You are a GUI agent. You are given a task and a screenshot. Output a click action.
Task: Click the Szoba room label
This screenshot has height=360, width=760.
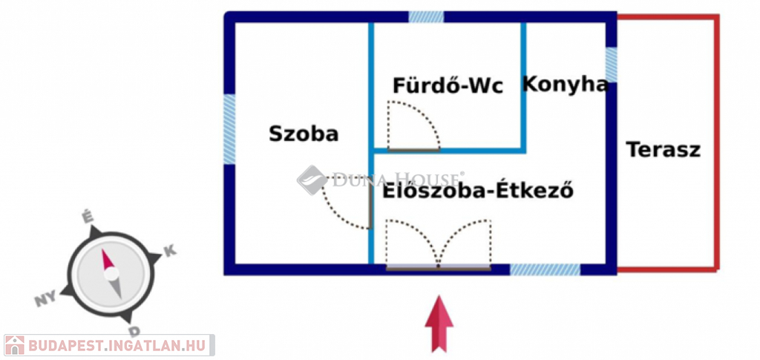pyautogui.click(x=304, y=134)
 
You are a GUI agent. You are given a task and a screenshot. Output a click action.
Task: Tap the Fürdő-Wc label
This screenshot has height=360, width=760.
pyautogui.click(x=448, y=86)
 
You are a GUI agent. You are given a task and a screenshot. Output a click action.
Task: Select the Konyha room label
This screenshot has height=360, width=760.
pyautogui.click(x=565, y=85)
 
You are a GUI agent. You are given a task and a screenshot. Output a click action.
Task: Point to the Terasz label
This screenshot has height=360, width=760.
pyautogui.click(x=664, y=149)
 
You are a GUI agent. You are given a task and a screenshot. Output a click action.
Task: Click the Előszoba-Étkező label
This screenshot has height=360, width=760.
pyautogui.click(x=478, y=191)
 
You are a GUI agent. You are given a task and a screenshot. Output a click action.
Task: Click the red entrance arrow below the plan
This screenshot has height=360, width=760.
pyautogui.click(x=439, y=323)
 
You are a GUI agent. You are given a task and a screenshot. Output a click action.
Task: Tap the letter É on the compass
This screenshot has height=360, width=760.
pyautogui.click(x=88, y=217)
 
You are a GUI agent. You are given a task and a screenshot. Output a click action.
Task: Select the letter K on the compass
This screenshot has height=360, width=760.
pyautogui.click(x=170, y=252)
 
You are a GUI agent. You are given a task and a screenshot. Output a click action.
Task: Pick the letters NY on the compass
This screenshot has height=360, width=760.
pyautogui.click(x=45, y=299)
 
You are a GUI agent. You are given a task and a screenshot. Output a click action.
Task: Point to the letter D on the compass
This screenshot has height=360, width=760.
pyautogui.click(x=134, y=331)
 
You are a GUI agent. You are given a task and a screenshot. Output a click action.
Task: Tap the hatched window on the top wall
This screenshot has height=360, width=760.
pyautogui.click(x=426, y=17)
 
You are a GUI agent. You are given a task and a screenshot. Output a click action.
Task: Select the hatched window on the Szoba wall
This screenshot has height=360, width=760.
pyautogui.click(x=229, y=129)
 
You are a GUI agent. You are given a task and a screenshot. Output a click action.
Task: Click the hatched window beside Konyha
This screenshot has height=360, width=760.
pyautogui.click(x=612, y=65)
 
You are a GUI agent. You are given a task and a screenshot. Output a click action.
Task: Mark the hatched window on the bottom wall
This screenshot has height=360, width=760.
pyautogui.click(x=546, y=270)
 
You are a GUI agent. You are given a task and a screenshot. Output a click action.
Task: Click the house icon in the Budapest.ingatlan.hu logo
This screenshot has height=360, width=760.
pyautogui.click(x=15, y=345)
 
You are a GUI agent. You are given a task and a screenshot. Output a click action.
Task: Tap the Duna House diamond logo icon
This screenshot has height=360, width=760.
pyautogui.click(x=312, y=180)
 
